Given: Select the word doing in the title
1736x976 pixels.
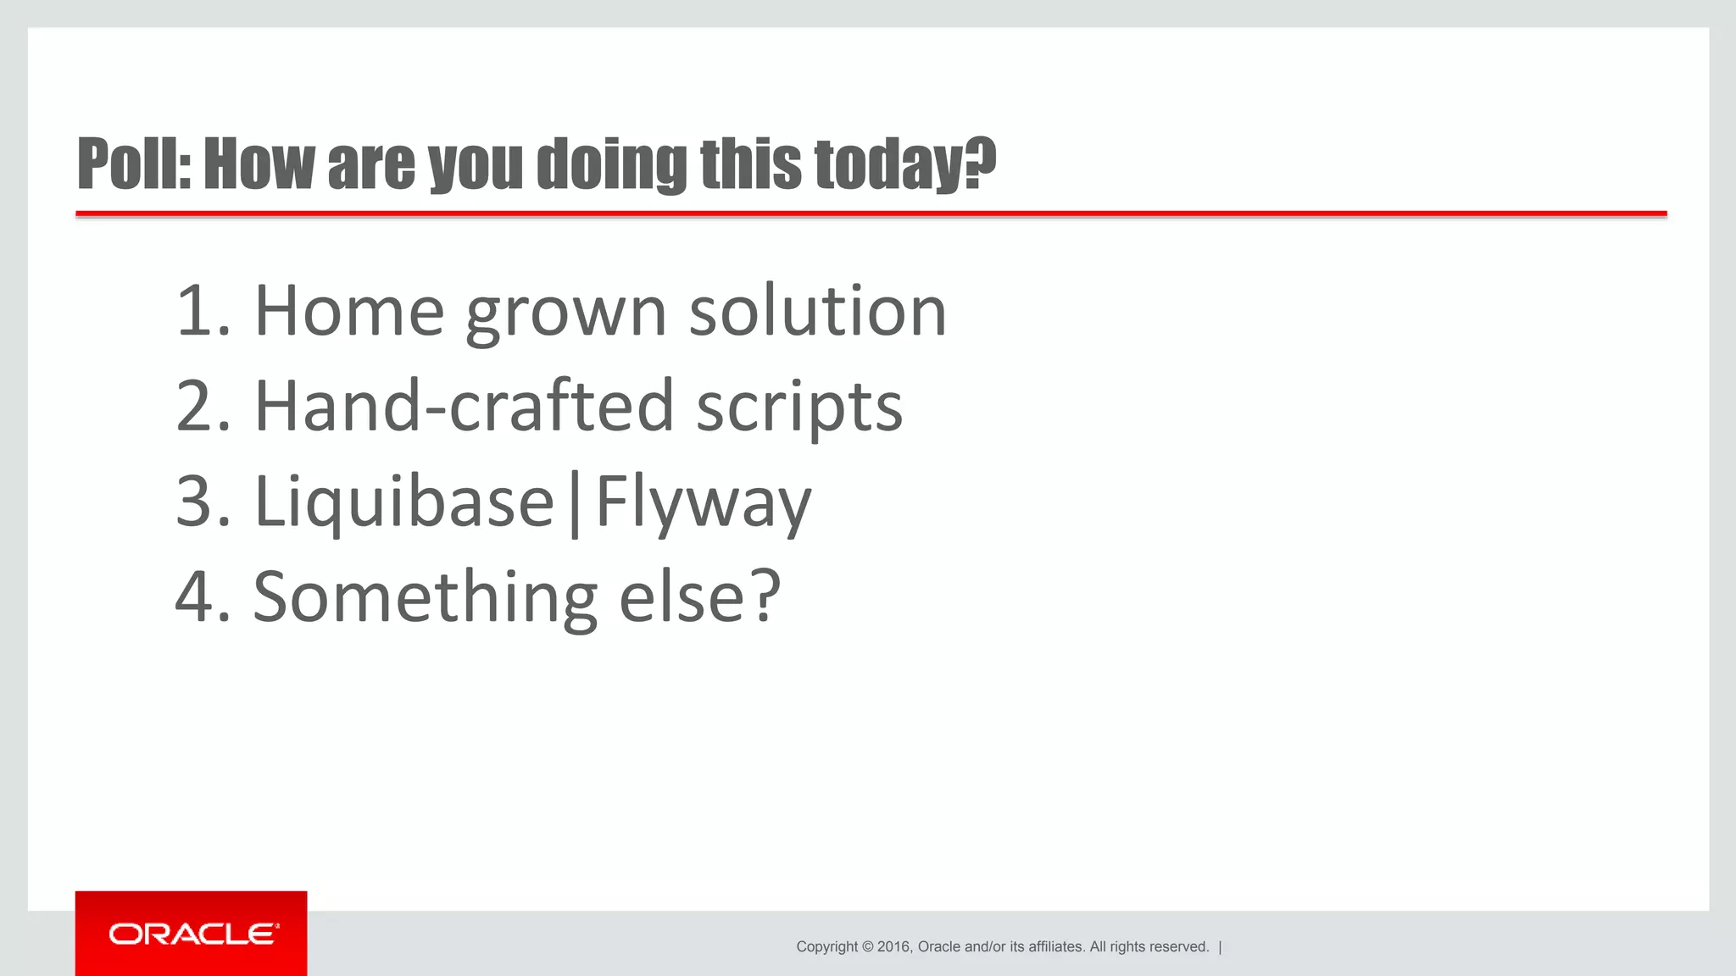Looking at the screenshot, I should tap(612, 164).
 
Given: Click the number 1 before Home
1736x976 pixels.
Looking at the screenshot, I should tap(193, 311).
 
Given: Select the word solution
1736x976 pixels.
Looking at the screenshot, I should tap(817, 311).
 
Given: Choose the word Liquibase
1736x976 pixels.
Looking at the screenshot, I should tap(404, 502).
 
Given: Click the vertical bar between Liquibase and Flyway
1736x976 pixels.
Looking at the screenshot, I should tap(576, 504).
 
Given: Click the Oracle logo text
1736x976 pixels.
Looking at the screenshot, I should tap(193, 934).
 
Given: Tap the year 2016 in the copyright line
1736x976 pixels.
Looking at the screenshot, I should tap(893, 947).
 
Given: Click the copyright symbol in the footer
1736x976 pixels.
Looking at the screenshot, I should tap(867, 947).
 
